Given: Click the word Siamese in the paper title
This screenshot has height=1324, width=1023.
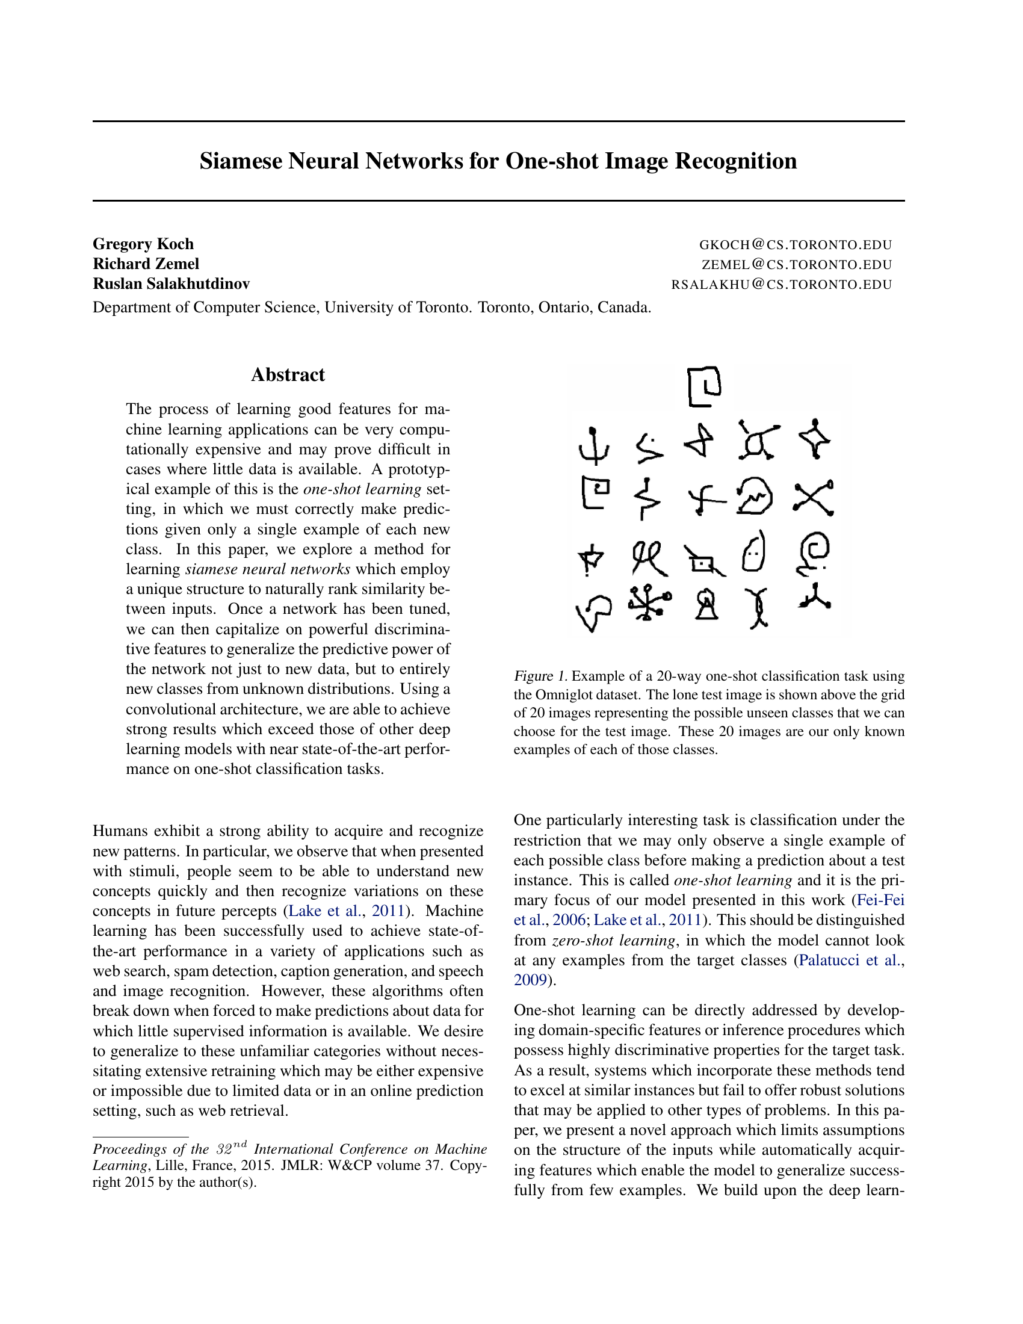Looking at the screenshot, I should [x=242, y=161].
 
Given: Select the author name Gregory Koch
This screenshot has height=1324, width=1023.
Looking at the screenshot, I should [x=143, y=244].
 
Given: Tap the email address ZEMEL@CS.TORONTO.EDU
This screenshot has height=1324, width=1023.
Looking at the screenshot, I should [x=796, y=265].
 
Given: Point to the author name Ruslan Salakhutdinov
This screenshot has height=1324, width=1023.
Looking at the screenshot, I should [x=171, y=283].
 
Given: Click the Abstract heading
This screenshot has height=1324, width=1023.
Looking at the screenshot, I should [x=288, y=375].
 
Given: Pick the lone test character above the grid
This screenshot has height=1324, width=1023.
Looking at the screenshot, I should [x=705, y=386].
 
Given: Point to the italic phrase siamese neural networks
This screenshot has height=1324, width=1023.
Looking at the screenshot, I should [x=268, y=569].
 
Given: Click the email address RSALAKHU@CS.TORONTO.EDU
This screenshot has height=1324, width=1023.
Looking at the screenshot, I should [x=781, y=285].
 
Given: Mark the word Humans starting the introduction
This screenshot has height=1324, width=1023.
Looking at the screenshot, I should [x=120, y=831].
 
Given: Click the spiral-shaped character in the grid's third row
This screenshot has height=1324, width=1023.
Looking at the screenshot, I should [x=813, y=553].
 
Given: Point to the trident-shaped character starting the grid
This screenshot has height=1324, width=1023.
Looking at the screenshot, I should [x=594, y=445].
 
